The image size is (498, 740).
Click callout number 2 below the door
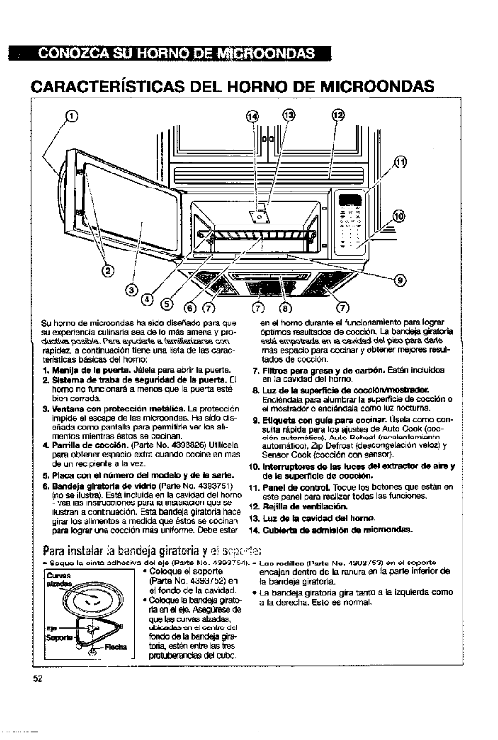point(109,271)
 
